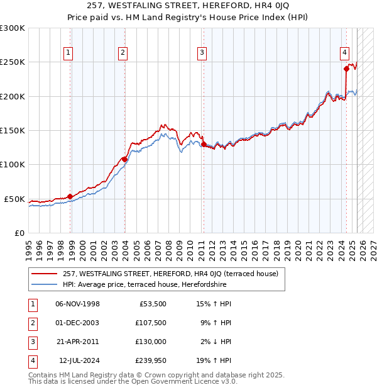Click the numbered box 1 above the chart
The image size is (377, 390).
[68, 53]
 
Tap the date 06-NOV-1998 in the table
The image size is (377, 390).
[78, 304]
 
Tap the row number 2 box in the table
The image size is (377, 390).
[31, 323]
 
